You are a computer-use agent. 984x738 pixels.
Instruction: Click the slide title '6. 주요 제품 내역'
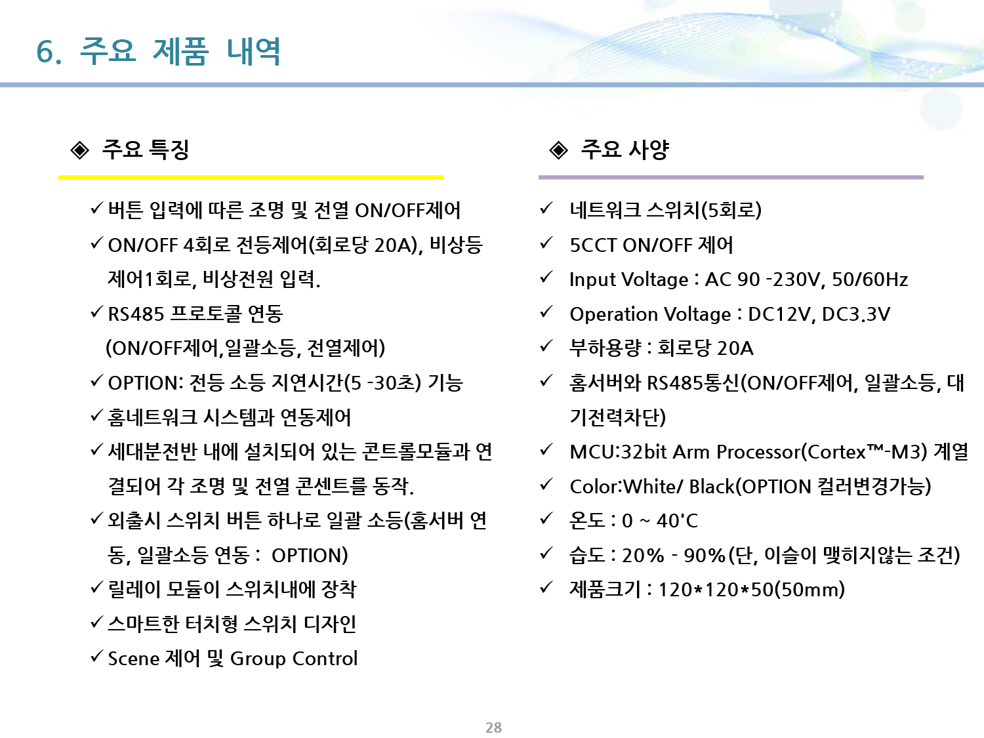158,52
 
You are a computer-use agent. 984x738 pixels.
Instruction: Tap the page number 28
493,728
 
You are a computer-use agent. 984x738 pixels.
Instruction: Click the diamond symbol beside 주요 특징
80,151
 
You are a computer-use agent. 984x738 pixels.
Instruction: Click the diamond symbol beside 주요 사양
558,151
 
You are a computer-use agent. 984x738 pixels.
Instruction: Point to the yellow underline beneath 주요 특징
251,177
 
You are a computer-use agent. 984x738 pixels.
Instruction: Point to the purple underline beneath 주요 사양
731,177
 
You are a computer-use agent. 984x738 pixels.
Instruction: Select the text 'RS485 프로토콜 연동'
195,314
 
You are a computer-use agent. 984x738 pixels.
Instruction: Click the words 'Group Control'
294,659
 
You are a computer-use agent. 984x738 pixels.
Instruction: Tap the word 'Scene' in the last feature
134,659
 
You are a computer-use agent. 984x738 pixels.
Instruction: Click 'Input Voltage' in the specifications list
628,279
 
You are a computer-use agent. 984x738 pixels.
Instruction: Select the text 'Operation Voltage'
650,314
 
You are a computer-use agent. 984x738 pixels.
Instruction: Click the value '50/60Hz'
870,279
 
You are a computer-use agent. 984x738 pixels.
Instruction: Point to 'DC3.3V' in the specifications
856,314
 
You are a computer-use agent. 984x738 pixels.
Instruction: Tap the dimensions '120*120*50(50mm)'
751,590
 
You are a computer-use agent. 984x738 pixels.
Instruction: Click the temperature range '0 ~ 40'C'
660,521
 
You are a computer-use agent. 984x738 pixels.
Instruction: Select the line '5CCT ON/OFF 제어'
651,245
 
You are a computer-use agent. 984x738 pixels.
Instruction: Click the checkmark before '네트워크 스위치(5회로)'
546,208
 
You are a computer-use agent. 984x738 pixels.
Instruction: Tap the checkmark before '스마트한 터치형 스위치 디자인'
97,621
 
